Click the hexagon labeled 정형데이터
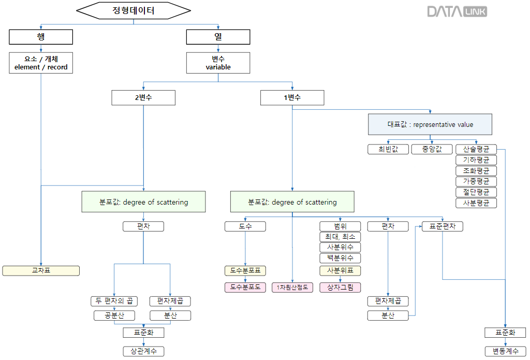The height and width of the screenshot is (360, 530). coord(134,10)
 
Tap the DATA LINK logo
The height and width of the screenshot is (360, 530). coord(457,11)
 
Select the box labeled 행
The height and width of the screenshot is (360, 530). coord(41,37)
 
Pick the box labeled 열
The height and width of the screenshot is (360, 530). coord(218,37)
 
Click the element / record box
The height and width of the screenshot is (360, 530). coord(41,63)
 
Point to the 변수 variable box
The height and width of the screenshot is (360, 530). coord(218,63)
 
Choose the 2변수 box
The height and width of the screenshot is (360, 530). coord(143,98)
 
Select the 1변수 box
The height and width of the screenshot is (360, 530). coord(292,98)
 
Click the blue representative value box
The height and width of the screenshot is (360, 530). coord(428,125)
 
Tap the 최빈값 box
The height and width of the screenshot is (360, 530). coord(388,149)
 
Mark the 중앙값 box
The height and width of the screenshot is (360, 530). coord(432,149)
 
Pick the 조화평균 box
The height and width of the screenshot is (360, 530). coord(476,170)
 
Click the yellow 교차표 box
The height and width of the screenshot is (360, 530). coord(41,270)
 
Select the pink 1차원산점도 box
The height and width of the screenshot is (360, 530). coord(292,287)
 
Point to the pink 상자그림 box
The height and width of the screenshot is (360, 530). coord(340,287)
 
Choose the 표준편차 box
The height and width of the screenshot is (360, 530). coord(443,226)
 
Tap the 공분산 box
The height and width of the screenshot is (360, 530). coord(114,315)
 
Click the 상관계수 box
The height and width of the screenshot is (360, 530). coord(143,351)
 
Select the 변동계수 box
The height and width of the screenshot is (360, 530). coord(505,351)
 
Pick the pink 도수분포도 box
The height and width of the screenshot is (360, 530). coord(245,287)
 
